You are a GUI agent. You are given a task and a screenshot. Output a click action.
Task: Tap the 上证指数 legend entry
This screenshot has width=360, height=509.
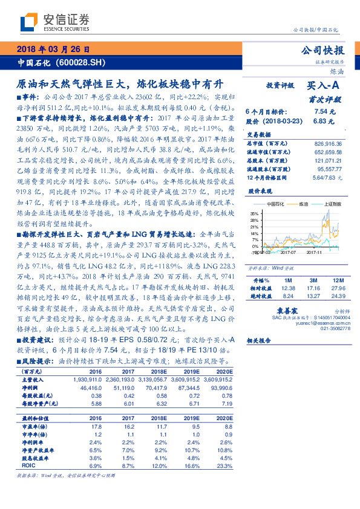[x=332, y=204]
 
